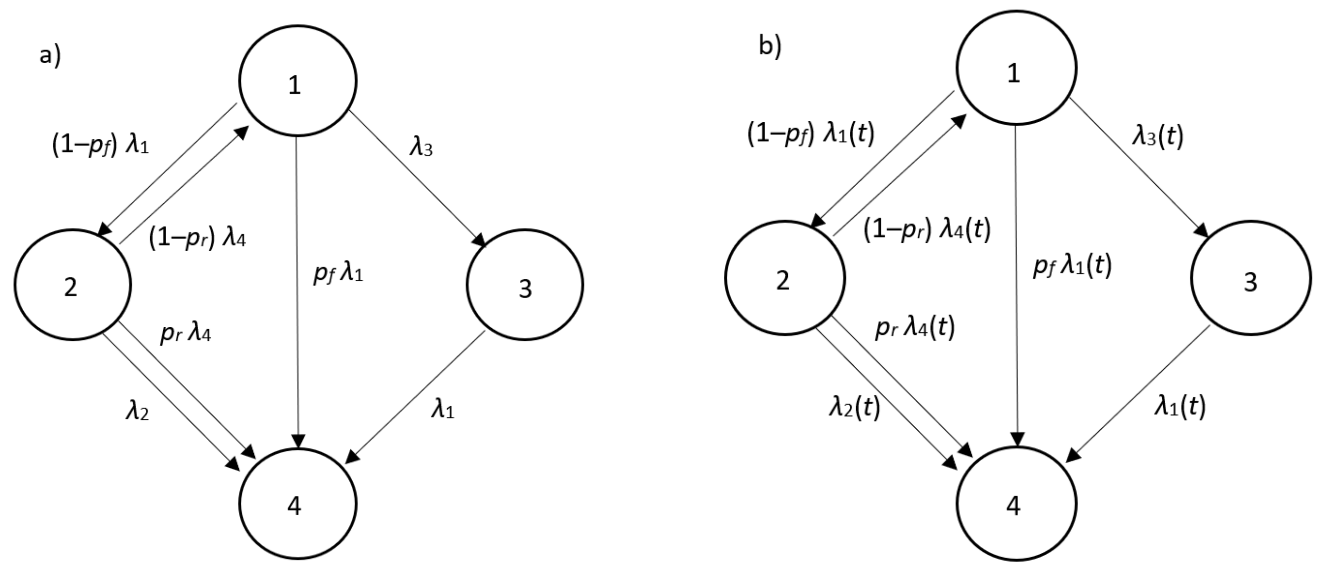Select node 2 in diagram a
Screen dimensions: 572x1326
coord(73,285)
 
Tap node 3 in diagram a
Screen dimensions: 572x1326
coord(525,285)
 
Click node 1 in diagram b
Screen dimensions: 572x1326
coord(1016,68)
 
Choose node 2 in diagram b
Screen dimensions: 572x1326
coord(785,278)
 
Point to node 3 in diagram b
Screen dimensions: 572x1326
coord(1250,278)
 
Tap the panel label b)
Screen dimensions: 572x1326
coord(770,46)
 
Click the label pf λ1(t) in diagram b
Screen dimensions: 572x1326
coord(1072,267)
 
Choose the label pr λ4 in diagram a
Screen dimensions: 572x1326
coord(185,334)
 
